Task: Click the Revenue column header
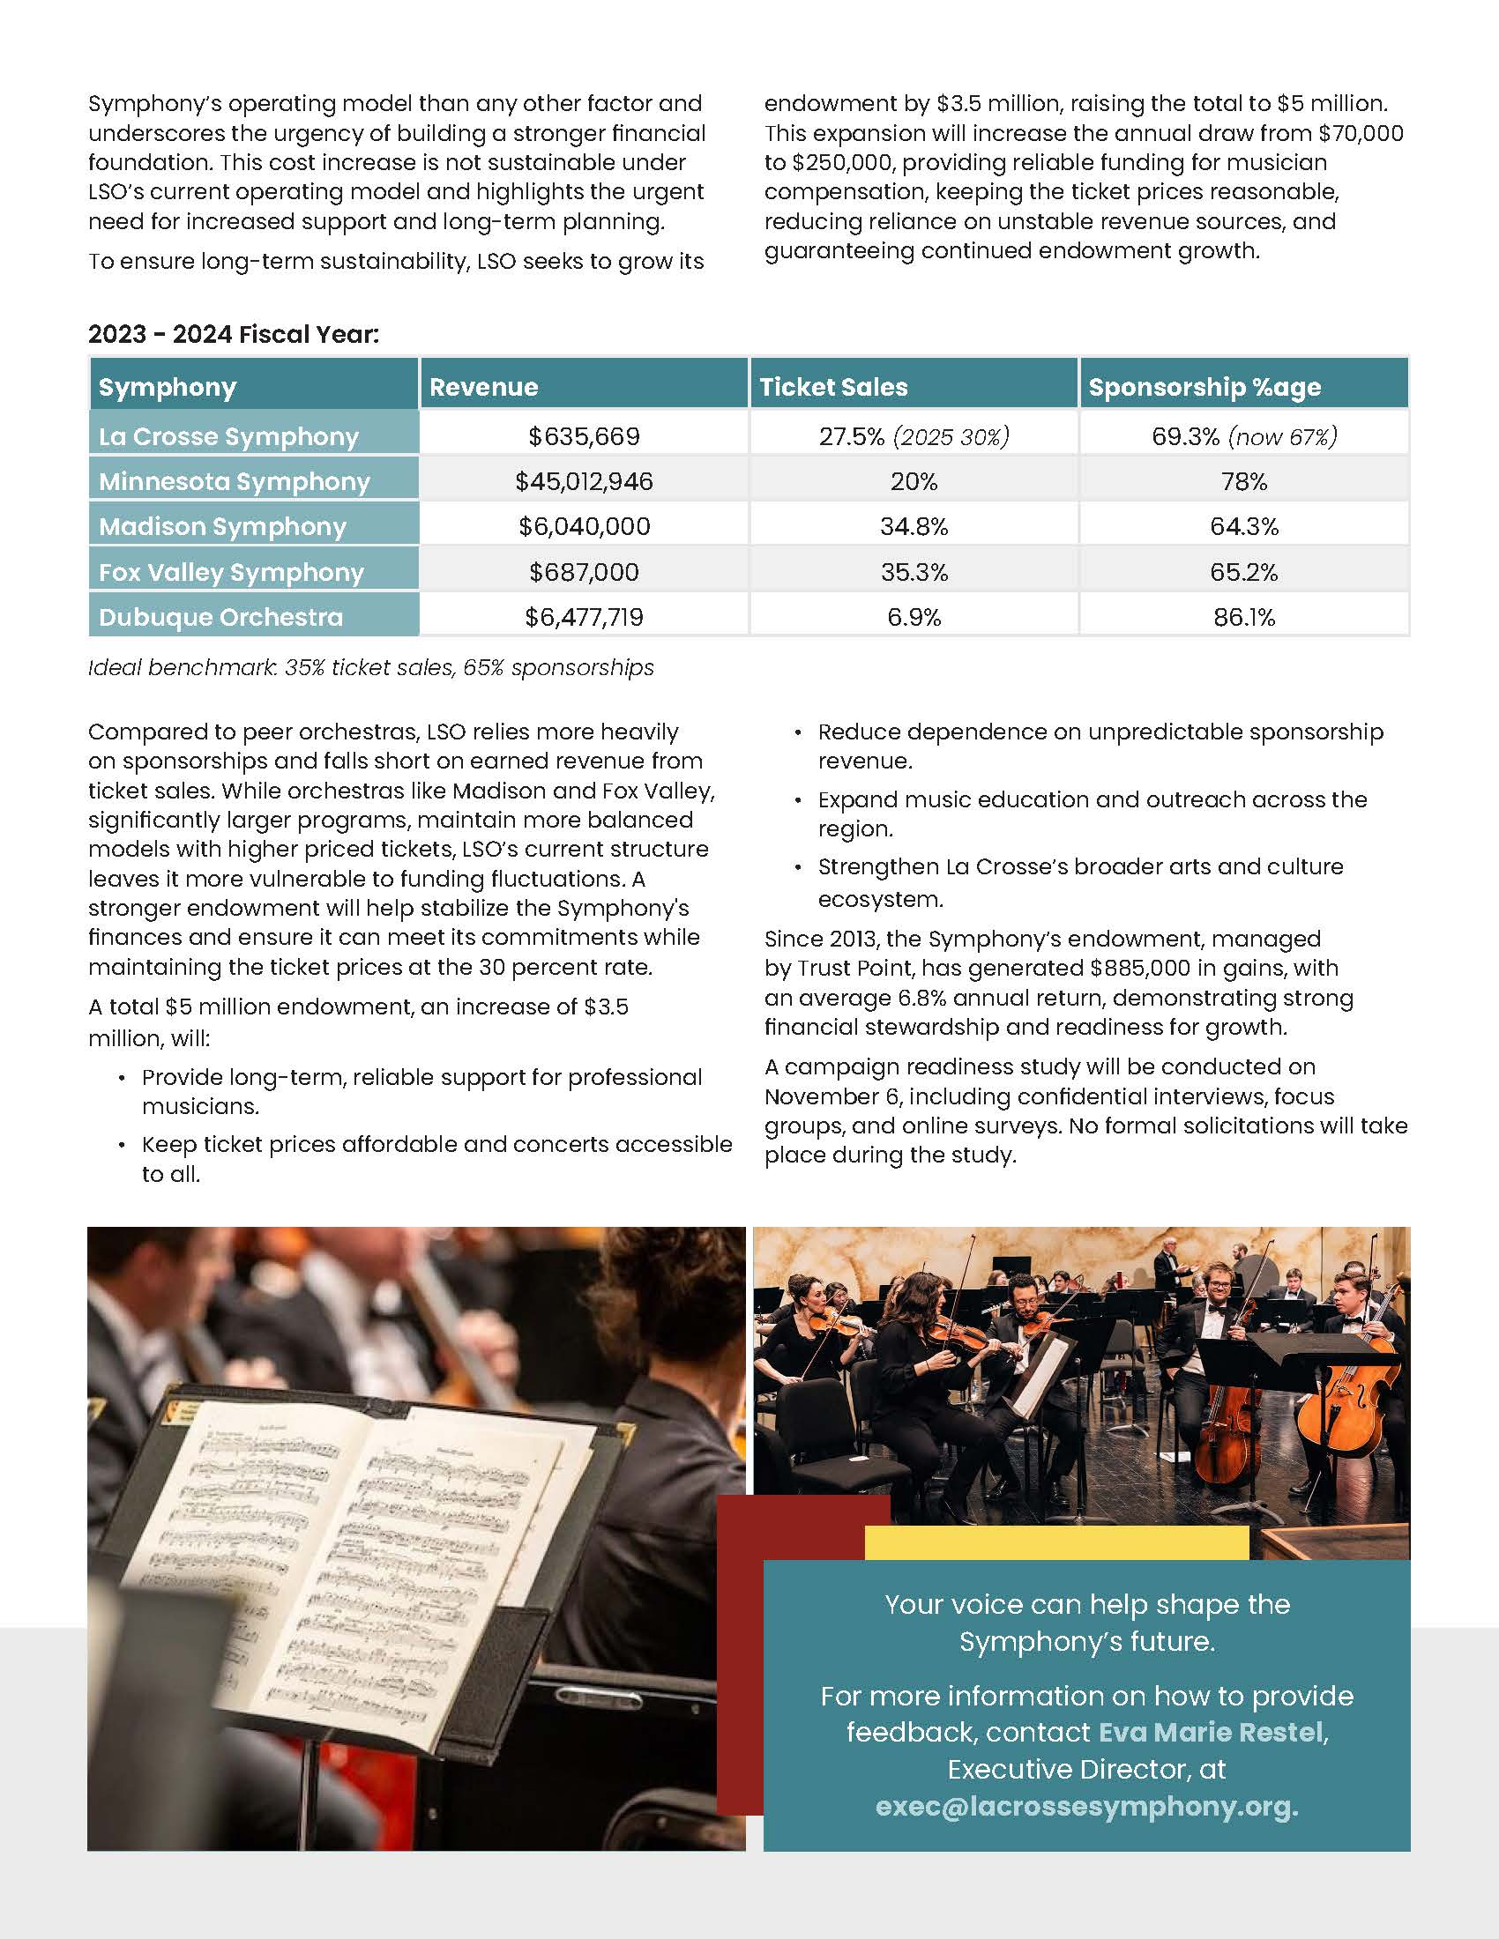coord(484,387)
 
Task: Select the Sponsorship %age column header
coord(1204,387)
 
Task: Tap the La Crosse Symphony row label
coord(228,437)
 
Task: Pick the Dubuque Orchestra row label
coord(220,617)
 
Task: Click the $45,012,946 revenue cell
coord(584,481)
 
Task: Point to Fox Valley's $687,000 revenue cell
coord(584,572)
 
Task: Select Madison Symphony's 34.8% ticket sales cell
coord(914,526)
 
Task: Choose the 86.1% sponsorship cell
coord(1243,617)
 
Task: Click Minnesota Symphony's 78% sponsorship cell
coord(1243,481)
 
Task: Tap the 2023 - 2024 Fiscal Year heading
coord(233,334)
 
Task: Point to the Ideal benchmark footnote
coord(370,668)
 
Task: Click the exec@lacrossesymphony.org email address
coord(1086,1807)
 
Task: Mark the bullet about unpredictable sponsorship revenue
coord(1100,746)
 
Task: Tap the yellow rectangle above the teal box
coord(1055,1542)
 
